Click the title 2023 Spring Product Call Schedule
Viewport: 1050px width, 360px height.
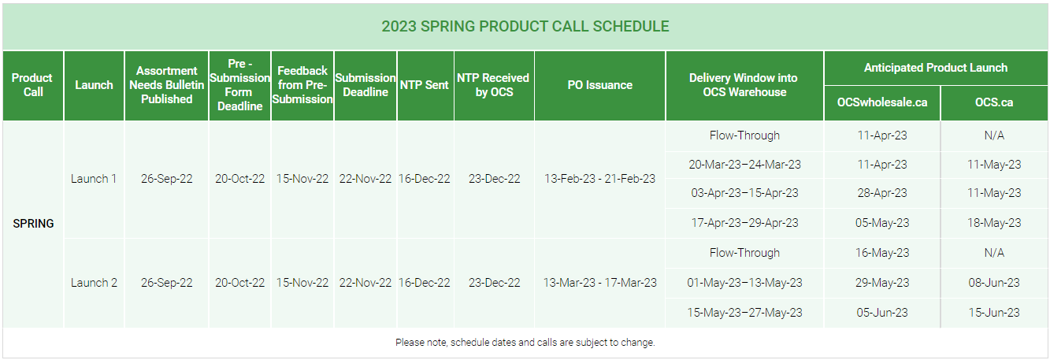pyautogui.click(x=525, y=26)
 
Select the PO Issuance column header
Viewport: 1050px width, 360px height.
pyautogui.click(x=600, y=85)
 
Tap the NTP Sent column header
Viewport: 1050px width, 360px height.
pyautogui.click(x=425, y=85)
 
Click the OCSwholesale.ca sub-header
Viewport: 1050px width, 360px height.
pyautogui.click(x=882, y=102)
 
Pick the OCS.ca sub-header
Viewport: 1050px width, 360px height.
pyautogui.click(x=994, y=102)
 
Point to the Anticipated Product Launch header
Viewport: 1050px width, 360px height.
pyautogui.click(x=936, y=68)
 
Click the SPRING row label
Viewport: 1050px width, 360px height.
pyautogui.click(x=33, y=224)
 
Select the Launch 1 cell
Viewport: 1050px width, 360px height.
pyautogui.click(x=94, y=179)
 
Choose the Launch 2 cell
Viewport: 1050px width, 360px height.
pyautogui.click(x=94, y=283)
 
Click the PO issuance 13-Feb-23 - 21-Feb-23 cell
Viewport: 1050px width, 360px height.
pyautogui.click(x=599, y=179)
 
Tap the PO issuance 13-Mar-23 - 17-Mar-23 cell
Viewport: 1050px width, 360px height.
pyautogui.click(x=600, y=283)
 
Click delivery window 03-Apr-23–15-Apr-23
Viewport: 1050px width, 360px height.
pyautogui.click(x=744, y=193)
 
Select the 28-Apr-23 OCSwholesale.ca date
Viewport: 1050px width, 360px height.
pyautogui.click(x=882, y=193)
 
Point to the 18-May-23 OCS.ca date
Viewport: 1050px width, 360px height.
pyautogui.click(x=994, y=223)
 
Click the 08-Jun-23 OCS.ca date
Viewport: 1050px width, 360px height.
pyautogui.click(x=994, y=283)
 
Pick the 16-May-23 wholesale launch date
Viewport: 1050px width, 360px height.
pyautogui.click(x=882, y=253)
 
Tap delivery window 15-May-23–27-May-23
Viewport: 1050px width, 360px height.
pyautogui.click(x=744, y=313)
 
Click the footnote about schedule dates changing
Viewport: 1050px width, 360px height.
pyautogui.click(x=525, y=343)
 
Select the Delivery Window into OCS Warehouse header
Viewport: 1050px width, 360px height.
pyautogui.click(x=744, y=85)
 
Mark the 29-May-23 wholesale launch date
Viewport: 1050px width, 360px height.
pyautogui.click(x=882, y=283)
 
